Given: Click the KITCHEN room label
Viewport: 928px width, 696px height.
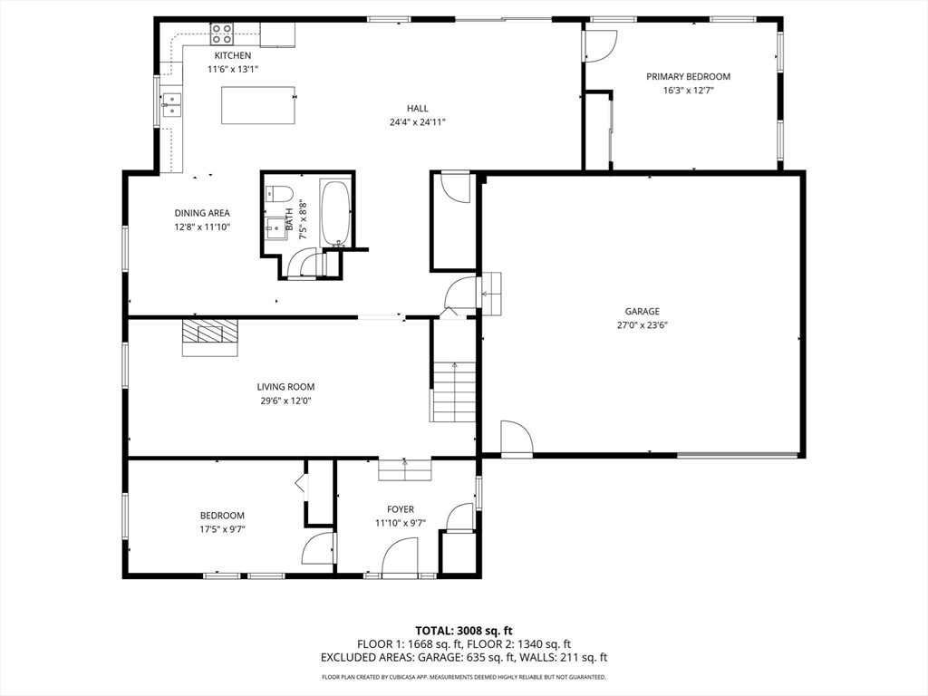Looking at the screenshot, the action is point(233,55).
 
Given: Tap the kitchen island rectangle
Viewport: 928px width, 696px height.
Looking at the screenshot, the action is point(258,105).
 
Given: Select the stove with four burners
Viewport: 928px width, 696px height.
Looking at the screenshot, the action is point(222,34).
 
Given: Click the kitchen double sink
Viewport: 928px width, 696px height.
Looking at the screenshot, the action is point(171,105).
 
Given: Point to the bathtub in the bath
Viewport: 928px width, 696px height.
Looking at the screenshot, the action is point(335,213).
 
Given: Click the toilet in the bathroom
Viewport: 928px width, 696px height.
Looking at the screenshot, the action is point(279,194).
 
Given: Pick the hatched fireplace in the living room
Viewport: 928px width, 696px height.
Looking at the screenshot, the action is point(209,337).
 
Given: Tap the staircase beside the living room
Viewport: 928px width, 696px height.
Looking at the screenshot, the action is point(453,391).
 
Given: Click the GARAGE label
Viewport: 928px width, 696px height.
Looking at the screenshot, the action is point(643,312).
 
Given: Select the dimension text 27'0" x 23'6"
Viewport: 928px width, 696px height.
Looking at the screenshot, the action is point(643,325).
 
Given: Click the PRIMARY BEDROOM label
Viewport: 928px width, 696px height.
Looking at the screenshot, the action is point(689,76).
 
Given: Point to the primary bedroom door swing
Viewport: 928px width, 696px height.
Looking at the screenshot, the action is point(601,45).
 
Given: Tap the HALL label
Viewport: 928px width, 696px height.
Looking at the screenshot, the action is point(417,109).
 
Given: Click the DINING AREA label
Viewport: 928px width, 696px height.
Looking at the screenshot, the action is point(202,213).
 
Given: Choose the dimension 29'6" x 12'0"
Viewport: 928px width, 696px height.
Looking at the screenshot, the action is point(285,401).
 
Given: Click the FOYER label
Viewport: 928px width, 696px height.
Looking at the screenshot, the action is point(401,509).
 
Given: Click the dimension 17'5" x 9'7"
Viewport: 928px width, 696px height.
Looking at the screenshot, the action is point(223,529).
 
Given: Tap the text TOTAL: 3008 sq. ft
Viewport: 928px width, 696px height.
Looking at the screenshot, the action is point(463,631).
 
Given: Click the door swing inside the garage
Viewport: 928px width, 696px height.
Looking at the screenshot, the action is point(517,438).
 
